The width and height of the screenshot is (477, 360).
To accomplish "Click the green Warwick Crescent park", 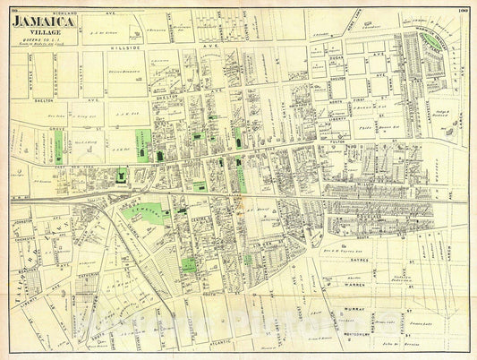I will (439, 41).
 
